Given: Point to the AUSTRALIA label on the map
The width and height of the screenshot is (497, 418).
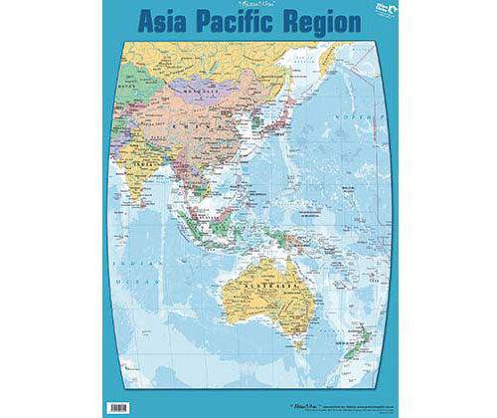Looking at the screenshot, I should (256, 280).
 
